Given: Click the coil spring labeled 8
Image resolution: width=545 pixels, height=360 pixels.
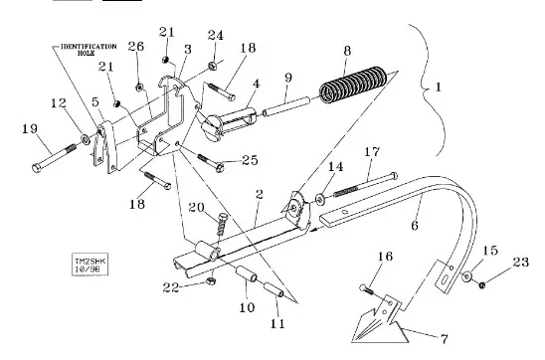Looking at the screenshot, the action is [353, 85].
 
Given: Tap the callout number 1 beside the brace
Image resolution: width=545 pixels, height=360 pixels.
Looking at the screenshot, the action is [438, 87].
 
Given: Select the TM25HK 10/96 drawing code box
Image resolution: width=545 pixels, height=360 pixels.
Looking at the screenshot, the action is [91, 265].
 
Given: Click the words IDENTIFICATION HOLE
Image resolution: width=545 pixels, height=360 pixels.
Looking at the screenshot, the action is [89, 50].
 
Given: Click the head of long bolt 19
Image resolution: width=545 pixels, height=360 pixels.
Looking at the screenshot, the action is [37, 168].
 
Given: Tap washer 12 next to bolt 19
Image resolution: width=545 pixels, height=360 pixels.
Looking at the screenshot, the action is [86, 139].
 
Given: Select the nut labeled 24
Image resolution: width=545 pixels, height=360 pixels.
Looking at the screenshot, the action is [213, 65].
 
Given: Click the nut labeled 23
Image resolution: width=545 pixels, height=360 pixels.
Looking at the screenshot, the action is [482, 285].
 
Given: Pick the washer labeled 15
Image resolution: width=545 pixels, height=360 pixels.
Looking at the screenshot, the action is [466, 276].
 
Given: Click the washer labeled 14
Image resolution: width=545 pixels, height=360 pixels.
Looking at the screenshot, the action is [320, 200].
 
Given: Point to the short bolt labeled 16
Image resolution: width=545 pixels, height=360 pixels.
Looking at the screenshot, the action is [367, 289].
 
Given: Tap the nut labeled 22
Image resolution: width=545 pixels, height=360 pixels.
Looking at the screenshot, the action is [211, 280].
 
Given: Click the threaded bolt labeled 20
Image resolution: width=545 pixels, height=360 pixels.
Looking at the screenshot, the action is [222, 225].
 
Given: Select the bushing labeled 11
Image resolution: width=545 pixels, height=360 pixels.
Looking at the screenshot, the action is [273, 289].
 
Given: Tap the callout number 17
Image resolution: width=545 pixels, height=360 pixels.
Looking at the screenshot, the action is [372, 152].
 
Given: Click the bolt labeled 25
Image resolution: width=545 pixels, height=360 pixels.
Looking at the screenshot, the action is [210, 163].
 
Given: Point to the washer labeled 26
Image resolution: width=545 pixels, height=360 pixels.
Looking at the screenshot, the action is [139, 88].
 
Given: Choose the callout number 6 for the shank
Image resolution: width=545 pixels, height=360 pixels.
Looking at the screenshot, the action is [415, 226].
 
